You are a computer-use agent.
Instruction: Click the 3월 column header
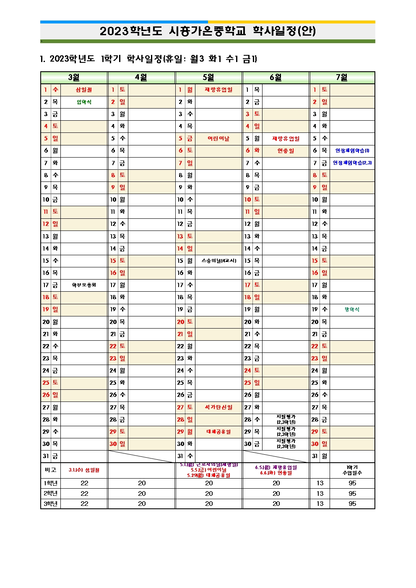click(x=74, y=78)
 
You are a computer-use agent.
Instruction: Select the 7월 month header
click(x=342, y=78)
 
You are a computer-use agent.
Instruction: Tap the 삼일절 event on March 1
click(x=84, y=90)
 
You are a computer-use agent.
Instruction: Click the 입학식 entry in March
click(x=84, y=102)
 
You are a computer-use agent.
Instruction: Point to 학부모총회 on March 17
click(x=84, y=285)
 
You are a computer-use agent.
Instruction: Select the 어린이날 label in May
click(x=218, y=139)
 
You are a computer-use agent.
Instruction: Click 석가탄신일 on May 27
click(x=218, y=407)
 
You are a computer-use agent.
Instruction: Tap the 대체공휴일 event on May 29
click(x=218, y=432)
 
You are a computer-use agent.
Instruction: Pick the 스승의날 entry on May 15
click(x=218, y=261)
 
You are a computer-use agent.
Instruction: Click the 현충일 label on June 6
click(x=286, y=151)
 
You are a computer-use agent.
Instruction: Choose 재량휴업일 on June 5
click(x=286, y=139)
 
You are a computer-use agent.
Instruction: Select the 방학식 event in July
click(x=352, y=310)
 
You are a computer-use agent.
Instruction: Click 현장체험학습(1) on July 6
click(x=352, y=151)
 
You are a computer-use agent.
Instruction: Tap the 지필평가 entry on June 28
click(x=286, y=420)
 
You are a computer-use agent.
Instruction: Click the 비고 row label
click(x=50, y=470)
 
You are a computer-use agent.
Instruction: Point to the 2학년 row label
click(x=50, y=493)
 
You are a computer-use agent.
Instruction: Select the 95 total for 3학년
click(x=352, y=504)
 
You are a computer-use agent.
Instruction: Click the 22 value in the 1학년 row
click(x=84, y=483)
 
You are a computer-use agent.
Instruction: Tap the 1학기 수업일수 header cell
click(x=352, y=470)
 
